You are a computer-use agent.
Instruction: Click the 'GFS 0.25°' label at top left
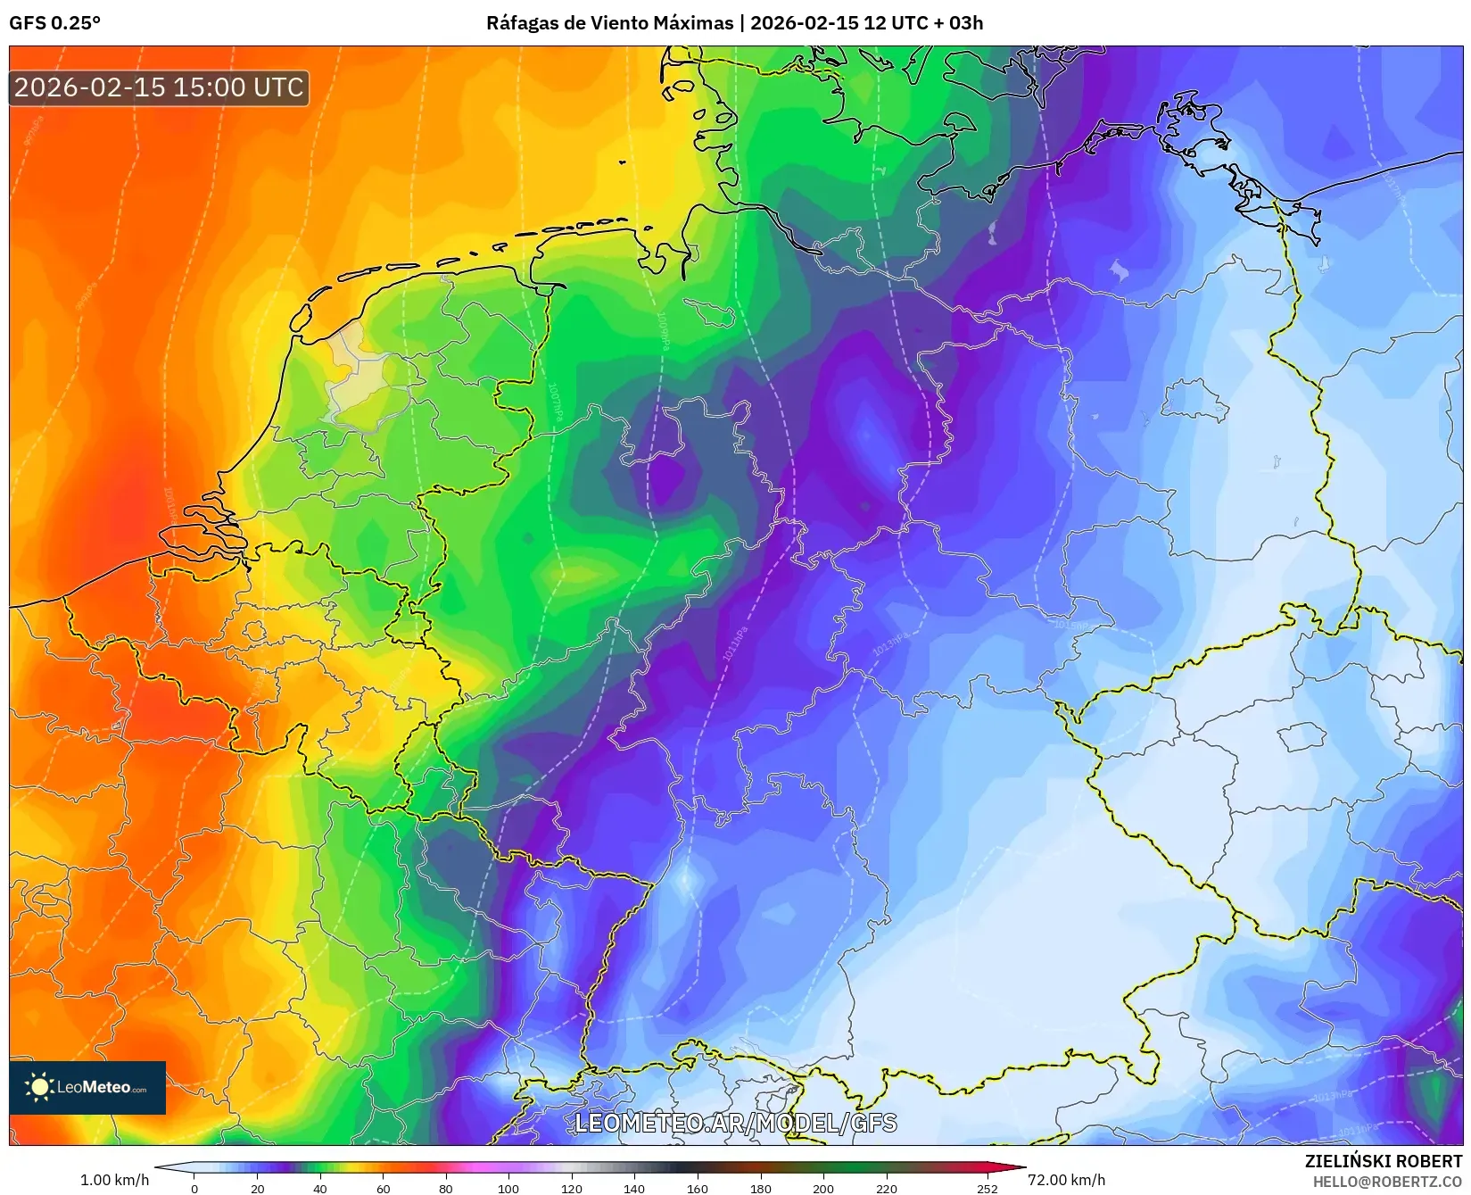point(54,23)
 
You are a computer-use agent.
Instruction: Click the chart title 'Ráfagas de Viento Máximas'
point(609,23)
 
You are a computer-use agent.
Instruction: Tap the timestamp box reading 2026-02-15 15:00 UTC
point(159,87)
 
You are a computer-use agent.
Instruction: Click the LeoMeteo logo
point(87,1087)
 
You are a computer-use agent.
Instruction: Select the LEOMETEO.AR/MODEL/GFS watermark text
point(735,1123)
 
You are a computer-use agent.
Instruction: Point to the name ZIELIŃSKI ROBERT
point(1383,1161)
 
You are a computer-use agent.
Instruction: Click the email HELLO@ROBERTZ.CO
point(1386,1182)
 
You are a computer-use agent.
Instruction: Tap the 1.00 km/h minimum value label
point(114,1180)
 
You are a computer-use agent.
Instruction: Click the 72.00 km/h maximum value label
point(1066,1180)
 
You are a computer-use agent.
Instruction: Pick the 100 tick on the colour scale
point(508,1188)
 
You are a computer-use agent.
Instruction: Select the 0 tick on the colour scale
point(194,1188)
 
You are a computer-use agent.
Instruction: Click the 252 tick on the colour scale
point(987,1188)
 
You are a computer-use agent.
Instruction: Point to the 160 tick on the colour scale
point(698,1188)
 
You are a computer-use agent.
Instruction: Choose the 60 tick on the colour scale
point(384,1188)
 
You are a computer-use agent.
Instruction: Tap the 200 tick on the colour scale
point(823,1188)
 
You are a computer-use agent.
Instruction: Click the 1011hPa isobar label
point(735,644)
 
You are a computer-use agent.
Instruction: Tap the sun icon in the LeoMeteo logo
point(39,1086)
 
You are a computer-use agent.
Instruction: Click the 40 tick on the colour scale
point(320,1188)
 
